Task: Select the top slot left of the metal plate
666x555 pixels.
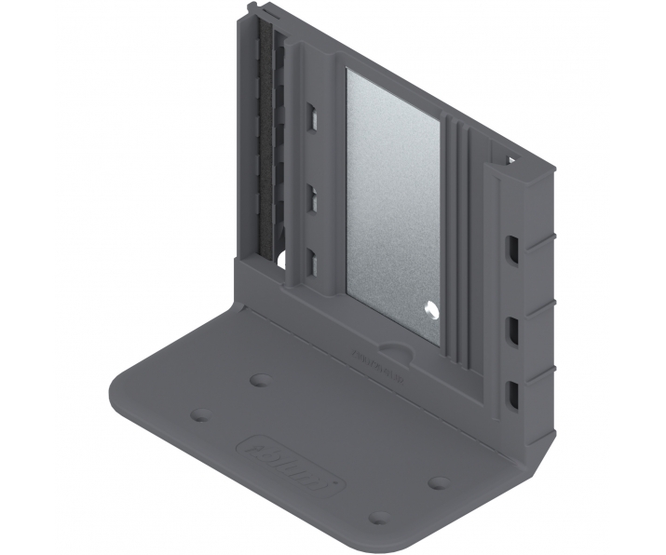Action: [x=313, y=116]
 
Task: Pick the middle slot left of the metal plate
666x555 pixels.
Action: [x=313, y=198]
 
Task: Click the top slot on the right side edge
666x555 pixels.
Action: [x=512, y=249]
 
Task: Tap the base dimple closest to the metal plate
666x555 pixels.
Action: [x=262, y=380]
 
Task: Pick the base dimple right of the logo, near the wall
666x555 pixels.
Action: [x=438, y=483]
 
